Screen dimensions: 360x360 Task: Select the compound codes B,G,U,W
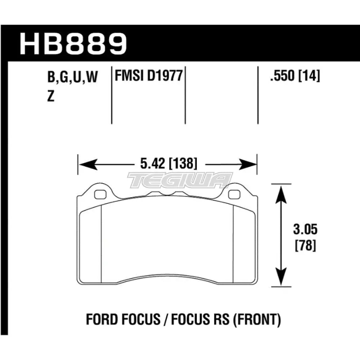pos(72,78)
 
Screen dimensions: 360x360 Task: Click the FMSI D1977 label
pos(148,76)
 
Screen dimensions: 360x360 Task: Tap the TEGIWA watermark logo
pos(180,180)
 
